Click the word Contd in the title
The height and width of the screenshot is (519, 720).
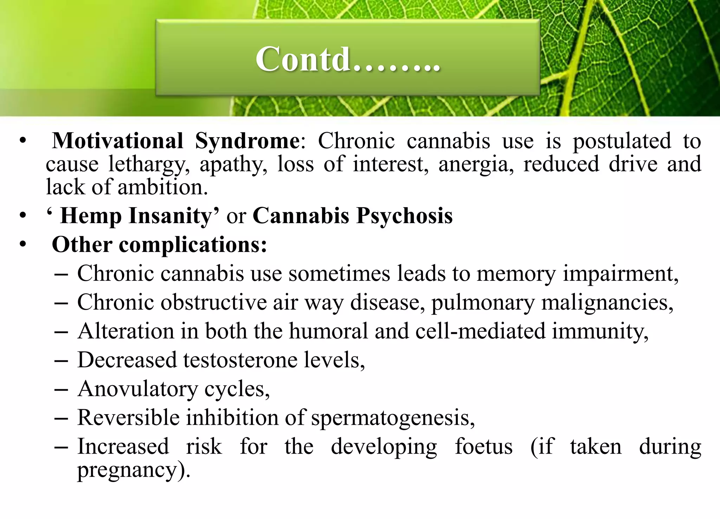(303, 59)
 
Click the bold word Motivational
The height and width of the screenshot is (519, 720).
(117, 141)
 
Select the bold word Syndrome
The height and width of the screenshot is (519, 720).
(247, 141)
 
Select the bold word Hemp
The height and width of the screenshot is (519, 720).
(91, 215)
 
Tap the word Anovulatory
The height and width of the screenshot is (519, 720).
(137, 389)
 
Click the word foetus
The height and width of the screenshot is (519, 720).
(483, 447)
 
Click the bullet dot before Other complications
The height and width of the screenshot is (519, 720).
(23, 244)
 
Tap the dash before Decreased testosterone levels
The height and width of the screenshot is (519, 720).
(61, 361)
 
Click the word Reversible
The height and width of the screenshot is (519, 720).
(128, 418)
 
